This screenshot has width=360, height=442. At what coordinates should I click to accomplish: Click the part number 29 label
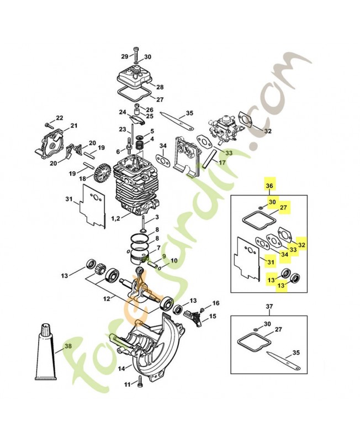pyautogui.click(x=124, y=56)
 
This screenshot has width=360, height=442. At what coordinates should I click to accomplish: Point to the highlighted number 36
pyautogui.click(x=270, y=186)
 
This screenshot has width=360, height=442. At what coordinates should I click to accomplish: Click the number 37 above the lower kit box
pyautogui.click(x=269, y=307)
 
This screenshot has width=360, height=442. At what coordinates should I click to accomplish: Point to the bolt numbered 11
pyautogui.click(x=140, y=382)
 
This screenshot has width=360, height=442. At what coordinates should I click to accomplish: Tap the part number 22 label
pyautogui.click(x=60, y=118)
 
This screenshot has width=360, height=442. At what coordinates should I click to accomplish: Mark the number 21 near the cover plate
pyautogui.click(x=74, y=127)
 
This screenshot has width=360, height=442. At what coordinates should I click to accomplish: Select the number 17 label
pyautogui.click(x=221, y=163)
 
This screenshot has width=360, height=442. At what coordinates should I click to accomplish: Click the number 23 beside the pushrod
pyautogui.click(x=122, y=129)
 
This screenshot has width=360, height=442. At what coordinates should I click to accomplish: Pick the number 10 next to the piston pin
pyautogui.click(x=174, y=260)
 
